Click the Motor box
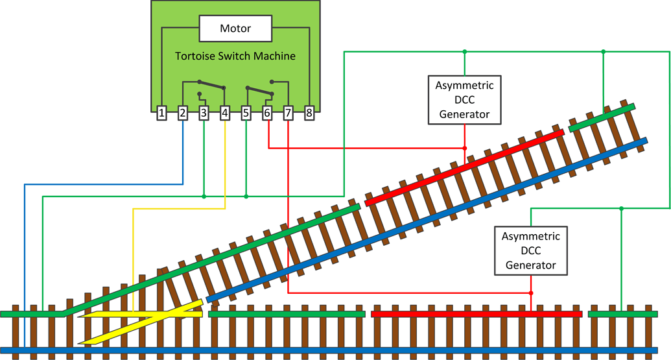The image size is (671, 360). click(235, 29)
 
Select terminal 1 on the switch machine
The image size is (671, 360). click(161, 114)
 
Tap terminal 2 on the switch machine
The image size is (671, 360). click(183, 114)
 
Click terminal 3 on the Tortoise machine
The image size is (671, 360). click(204, 114)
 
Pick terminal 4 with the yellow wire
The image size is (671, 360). click(225, 114)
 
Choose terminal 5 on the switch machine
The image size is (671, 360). click(246, 114)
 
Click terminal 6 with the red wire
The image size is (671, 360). click(267, 114)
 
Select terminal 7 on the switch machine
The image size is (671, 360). click(288, 114)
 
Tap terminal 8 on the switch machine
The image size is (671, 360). click(309, 114)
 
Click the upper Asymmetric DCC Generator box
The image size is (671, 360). click(464, 100)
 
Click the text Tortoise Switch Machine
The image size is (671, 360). click(235, 56)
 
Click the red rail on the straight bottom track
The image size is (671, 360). click(477, 314)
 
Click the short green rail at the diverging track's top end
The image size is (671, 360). click(602, 117)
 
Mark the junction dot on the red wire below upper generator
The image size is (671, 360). click(464, 148)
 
